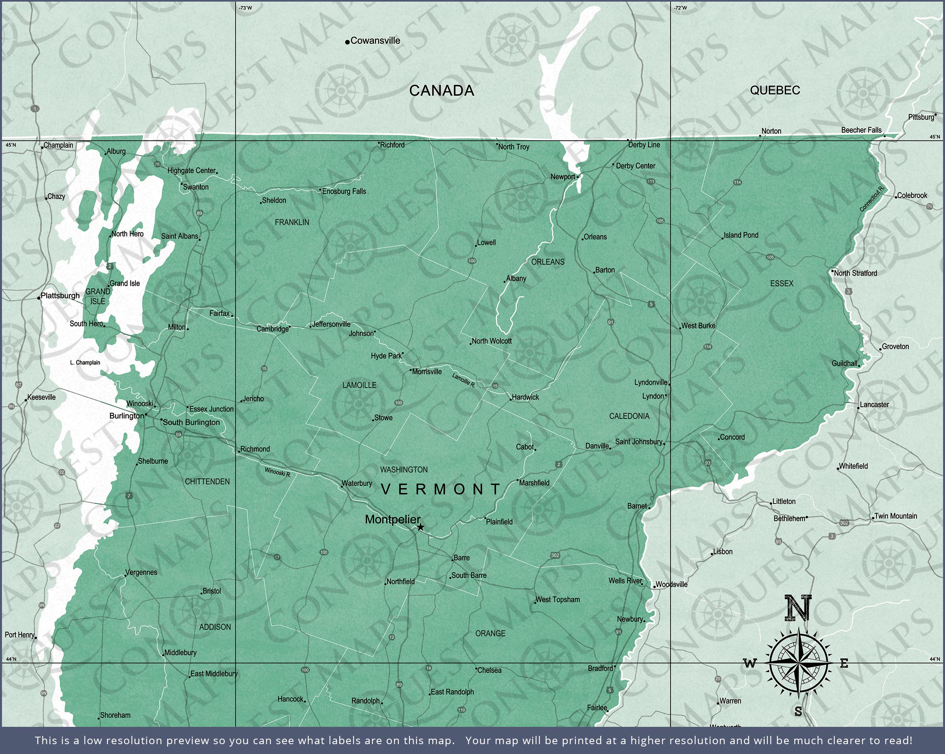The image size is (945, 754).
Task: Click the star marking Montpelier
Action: click(421, 527)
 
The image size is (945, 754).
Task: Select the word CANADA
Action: click(441, 91)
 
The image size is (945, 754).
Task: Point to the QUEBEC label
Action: click(775, 90)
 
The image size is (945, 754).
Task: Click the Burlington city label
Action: click(126, 415)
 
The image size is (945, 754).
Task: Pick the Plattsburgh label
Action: click(60, 295)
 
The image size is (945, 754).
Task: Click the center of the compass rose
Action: click(799, 663)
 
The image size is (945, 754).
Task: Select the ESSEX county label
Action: click(782, 283)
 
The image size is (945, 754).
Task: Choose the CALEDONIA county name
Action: click(629, 416)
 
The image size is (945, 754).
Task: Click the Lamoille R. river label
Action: click(463, 380)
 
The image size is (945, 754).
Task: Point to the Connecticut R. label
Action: click(872, 199)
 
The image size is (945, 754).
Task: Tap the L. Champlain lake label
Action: click(85, 363)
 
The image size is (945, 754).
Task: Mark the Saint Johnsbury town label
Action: click(638, 441)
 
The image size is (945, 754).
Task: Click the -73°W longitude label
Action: click(245, 8)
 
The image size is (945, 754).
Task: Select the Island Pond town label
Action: click(741, 235)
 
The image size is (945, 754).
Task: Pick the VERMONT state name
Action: click(441, 489)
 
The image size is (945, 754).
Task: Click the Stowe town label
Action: click(383, 418)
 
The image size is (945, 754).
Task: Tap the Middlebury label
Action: click(180, 652)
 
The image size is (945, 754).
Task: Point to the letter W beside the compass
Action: click(750, 664)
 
